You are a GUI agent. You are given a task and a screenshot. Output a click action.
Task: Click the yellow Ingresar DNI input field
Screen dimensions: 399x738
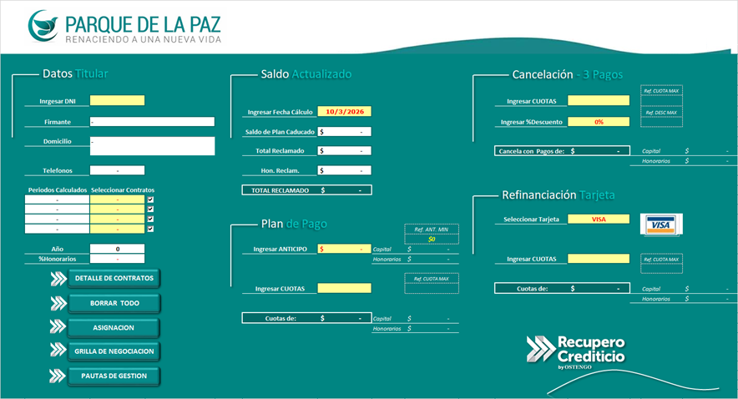[117, 101]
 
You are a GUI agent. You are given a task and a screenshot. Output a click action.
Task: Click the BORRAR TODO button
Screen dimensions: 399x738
[115, 303]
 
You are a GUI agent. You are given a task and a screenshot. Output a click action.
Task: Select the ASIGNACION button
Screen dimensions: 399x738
[114, 327]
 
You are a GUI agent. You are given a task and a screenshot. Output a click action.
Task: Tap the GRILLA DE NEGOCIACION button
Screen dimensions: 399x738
[114, 351]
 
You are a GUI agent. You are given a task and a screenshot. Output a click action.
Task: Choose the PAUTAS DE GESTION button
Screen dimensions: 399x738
[114, 376]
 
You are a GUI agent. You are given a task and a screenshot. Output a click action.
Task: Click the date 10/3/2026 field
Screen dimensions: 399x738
[344, 111]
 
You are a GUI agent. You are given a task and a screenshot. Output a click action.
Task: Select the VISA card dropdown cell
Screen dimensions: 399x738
[598, 220]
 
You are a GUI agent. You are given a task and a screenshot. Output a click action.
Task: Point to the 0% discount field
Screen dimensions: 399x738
[598, 122]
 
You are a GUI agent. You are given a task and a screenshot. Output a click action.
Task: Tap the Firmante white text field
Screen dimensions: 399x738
[152, 122]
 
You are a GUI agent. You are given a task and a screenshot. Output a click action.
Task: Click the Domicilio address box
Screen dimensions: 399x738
[152, 146]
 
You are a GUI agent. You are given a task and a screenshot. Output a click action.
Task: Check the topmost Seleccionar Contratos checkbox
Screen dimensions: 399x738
[150, 200]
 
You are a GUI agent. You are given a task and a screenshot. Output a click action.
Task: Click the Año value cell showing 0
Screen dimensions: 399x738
[117, 249]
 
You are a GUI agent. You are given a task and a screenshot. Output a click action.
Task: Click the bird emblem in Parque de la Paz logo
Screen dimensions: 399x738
[43, 25]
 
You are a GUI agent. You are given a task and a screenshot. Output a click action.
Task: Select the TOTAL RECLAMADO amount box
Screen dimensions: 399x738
[344, 190]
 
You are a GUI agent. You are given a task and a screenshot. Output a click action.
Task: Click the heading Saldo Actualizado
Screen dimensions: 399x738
[306, 74]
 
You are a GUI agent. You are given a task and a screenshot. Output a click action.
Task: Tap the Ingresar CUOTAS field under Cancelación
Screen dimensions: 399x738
[598, 101]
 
